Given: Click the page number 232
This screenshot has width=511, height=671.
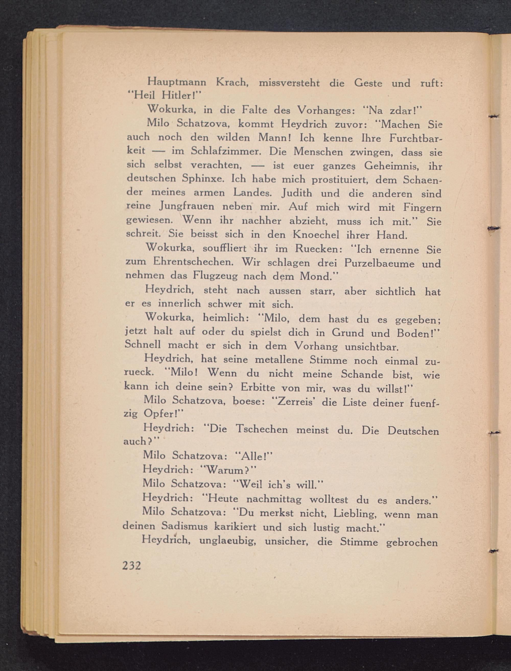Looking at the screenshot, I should (132, 565).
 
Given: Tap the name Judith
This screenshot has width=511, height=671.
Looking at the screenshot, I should (297, 193).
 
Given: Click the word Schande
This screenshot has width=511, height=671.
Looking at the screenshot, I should (362, 374).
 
